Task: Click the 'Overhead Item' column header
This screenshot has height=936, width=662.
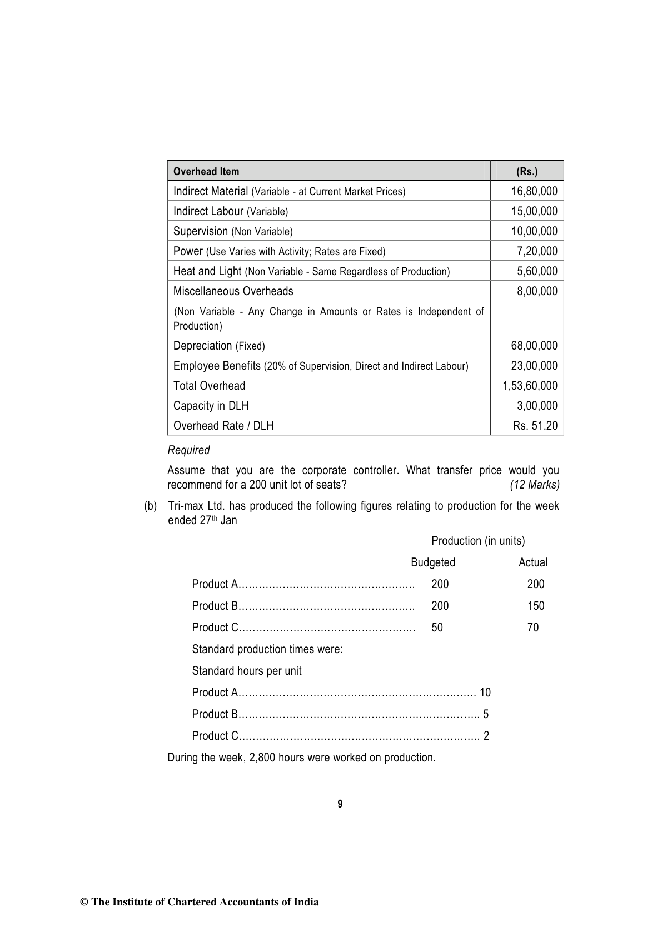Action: click(206, 171)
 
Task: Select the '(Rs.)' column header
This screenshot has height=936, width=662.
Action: click(527, 171)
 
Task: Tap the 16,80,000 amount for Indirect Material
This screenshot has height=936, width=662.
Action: click(534, 191)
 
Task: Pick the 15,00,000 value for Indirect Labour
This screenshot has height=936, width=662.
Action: click(534, 211)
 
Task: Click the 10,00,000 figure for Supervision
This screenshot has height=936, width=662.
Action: click(534, 231)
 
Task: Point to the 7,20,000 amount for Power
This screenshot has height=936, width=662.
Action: click(537, 251)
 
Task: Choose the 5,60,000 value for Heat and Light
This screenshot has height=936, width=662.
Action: click(537, 271)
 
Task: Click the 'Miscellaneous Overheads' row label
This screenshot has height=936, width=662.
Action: click(233, 291)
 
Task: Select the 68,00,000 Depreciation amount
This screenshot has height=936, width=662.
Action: click(534, 346)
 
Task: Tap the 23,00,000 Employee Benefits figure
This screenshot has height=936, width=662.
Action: click(534, 366)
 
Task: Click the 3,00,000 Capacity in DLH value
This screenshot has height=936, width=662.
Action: click(537, 406)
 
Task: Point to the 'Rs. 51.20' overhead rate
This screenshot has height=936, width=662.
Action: click(535, 426)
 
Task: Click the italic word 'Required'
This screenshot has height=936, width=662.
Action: click(188, 450)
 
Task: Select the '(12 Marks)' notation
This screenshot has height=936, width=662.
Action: click(535, 485)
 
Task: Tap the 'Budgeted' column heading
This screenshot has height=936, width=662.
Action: click(432, 562)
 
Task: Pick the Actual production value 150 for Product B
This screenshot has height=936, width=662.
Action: click(536, 606)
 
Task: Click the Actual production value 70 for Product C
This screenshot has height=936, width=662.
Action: click(533, 628)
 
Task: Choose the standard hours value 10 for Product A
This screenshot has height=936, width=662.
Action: click(485, 693)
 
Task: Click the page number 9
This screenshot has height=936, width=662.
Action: click(340, 804)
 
